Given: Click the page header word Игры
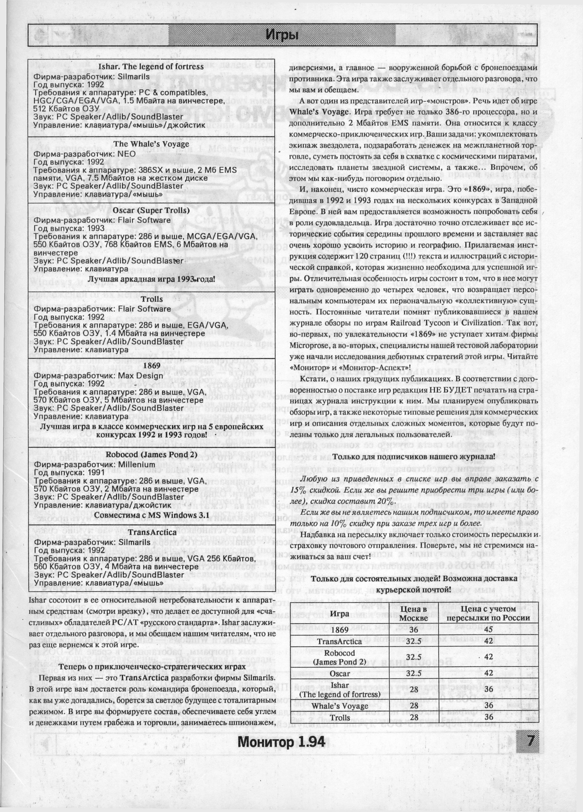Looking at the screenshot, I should click(x=282, y=35).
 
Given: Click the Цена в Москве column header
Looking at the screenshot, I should click(x=413, y=613).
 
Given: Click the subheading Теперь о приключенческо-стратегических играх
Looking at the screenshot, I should click(x=152, y=667).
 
